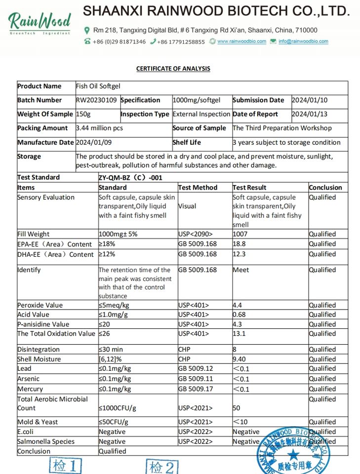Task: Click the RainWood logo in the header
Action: click(40, 22)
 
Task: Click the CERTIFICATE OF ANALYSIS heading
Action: click(173, 69)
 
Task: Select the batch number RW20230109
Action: click(96, 100)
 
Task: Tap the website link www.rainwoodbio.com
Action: click(241, 41)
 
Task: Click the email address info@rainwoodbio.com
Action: click(303, 41)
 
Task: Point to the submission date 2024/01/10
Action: click(310, 100)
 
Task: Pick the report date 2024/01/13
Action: click(310, 114)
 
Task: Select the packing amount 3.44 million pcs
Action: click(99, 128)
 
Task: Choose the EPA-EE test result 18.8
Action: click(240, 244)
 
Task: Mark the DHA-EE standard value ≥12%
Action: click(107, 254)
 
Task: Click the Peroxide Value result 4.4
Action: click(238, 305)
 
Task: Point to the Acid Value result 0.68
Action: click(240, 315)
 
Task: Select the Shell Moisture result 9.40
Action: click(240, 359)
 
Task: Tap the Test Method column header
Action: click(198, 188)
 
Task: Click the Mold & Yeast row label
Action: click(38, 422)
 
